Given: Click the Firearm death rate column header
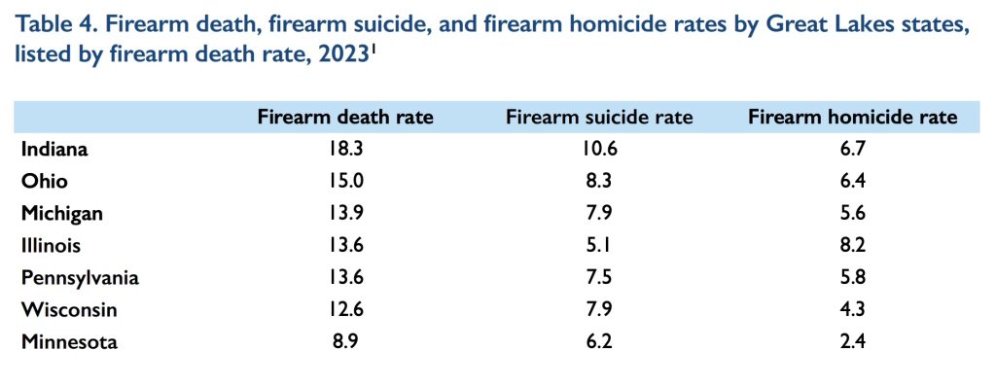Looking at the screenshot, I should (x=345, y=118).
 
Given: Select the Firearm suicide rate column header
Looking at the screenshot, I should (x=599, y=118).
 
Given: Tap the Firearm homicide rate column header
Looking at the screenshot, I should (x=852, y=118).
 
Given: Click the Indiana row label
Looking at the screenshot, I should (x=55, y=150).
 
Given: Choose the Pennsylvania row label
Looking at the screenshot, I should (x=80, y=277).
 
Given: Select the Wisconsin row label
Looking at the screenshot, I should (x=68, y=309).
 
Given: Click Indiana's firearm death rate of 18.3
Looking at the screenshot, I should (x=345, y=150).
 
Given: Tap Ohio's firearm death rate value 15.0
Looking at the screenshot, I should (x=345, y=182).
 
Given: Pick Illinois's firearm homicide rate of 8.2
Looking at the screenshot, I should (x=852, y=245).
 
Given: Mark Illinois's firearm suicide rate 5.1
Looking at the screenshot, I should (x=599, y=245).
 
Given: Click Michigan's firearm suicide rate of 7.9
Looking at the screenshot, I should (x=599, y=213).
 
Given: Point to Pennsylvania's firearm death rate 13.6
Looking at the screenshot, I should (x=345, y=277).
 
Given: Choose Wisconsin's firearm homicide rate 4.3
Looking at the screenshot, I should (x=852, y=309).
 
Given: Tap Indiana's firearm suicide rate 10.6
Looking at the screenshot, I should (x=599, y=150).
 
